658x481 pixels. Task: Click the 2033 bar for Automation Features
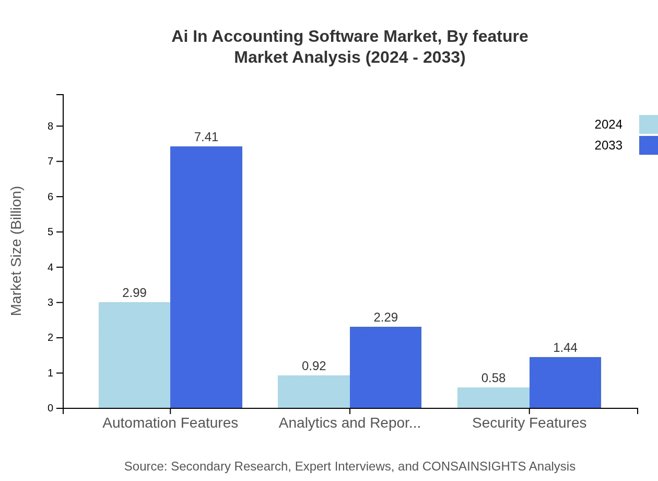pyautogui.click(x=206, y=277)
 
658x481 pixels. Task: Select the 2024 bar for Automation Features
pyautogui.click(x=134, y=355)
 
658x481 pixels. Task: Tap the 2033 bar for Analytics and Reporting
pyautogui.click(x=385, y=367)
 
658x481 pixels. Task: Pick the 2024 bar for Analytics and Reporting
pyautogui.click(x=313, y=392)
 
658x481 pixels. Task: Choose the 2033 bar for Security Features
pyautogui.click(x=565, y=382)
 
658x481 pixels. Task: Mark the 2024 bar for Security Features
pyautogui.click(x=493, y=397)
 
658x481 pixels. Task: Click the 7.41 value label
pyautogui.click(x=206, y=137)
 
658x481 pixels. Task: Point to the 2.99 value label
pyautogui.click(x=134, y=293)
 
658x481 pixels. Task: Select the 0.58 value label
pyautogui.click(x=493, y=378)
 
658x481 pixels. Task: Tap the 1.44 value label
pyautogui.click(x=565, y=348)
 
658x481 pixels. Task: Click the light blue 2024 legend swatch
pyautogui.click(x=648, y=124)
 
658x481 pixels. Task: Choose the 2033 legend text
pyautogui.click(x=608, y=145)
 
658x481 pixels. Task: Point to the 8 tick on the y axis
pyautogui.click(x=51, y=126)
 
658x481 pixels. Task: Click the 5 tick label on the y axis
pyautogui.click(x=51, y=232)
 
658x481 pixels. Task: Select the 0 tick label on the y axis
pyautogui.click(x=51, y=408)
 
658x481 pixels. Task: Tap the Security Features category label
pyautogui.click(x=529, y=422)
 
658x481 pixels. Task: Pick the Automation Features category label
pyautogui.click(x=170, y=422)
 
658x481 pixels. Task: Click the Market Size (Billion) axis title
pyautogui.click(x=17, y=251)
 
